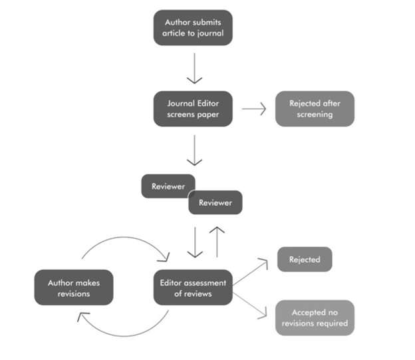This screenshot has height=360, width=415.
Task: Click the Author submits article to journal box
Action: (x=193, y=28)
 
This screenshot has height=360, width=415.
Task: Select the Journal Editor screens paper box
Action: (x=193, y=109)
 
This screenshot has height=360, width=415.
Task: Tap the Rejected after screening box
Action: (x=315, y=109)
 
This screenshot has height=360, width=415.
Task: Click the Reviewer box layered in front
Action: (x=215, y=202)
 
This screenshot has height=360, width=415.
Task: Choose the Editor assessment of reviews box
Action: (x=193, y=287)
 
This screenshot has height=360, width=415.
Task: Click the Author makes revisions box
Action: (x=74, y=287)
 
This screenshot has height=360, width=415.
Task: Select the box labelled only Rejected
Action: (x=305, y=260)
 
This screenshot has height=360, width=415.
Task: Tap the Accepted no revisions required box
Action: (x=315, y=318)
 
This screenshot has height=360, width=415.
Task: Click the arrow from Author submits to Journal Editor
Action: (x=194, y=69)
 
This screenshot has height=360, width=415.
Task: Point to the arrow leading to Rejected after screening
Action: (x=254, y=109)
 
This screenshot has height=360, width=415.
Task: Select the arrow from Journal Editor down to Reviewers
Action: (x=194, y=150)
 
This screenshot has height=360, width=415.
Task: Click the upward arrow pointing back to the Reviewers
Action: (x=217, y=242)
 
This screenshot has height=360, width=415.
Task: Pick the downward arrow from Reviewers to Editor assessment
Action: (x=195, y=242)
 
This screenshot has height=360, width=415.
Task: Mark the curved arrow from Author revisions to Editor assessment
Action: (x=124, y=238)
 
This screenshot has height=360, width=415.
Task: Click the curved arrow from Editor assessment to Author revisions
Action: (x=124, y=336)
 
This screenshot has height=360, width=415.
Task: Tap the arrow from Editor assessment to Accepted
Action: (x=250, y=305)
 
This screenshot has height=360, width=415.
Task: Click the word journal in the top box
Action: (x=209, y=34)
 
